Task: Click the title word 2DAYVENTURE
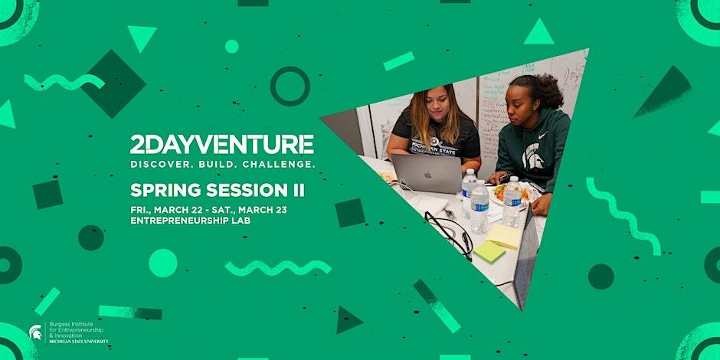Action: pyautogui.click(x=222, y=144)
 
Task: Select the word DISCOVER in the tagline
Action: pyautogui.click(x=159, y=165)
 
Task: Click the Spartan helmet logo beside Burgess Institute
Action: pyautogui.click(x=35, y=332)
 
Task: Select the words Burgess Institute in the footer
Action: pyautogui.click(x=73, y=325)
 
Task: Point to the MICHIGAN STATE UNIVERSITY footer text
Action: pyautogui.click(x=79, y=342)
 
